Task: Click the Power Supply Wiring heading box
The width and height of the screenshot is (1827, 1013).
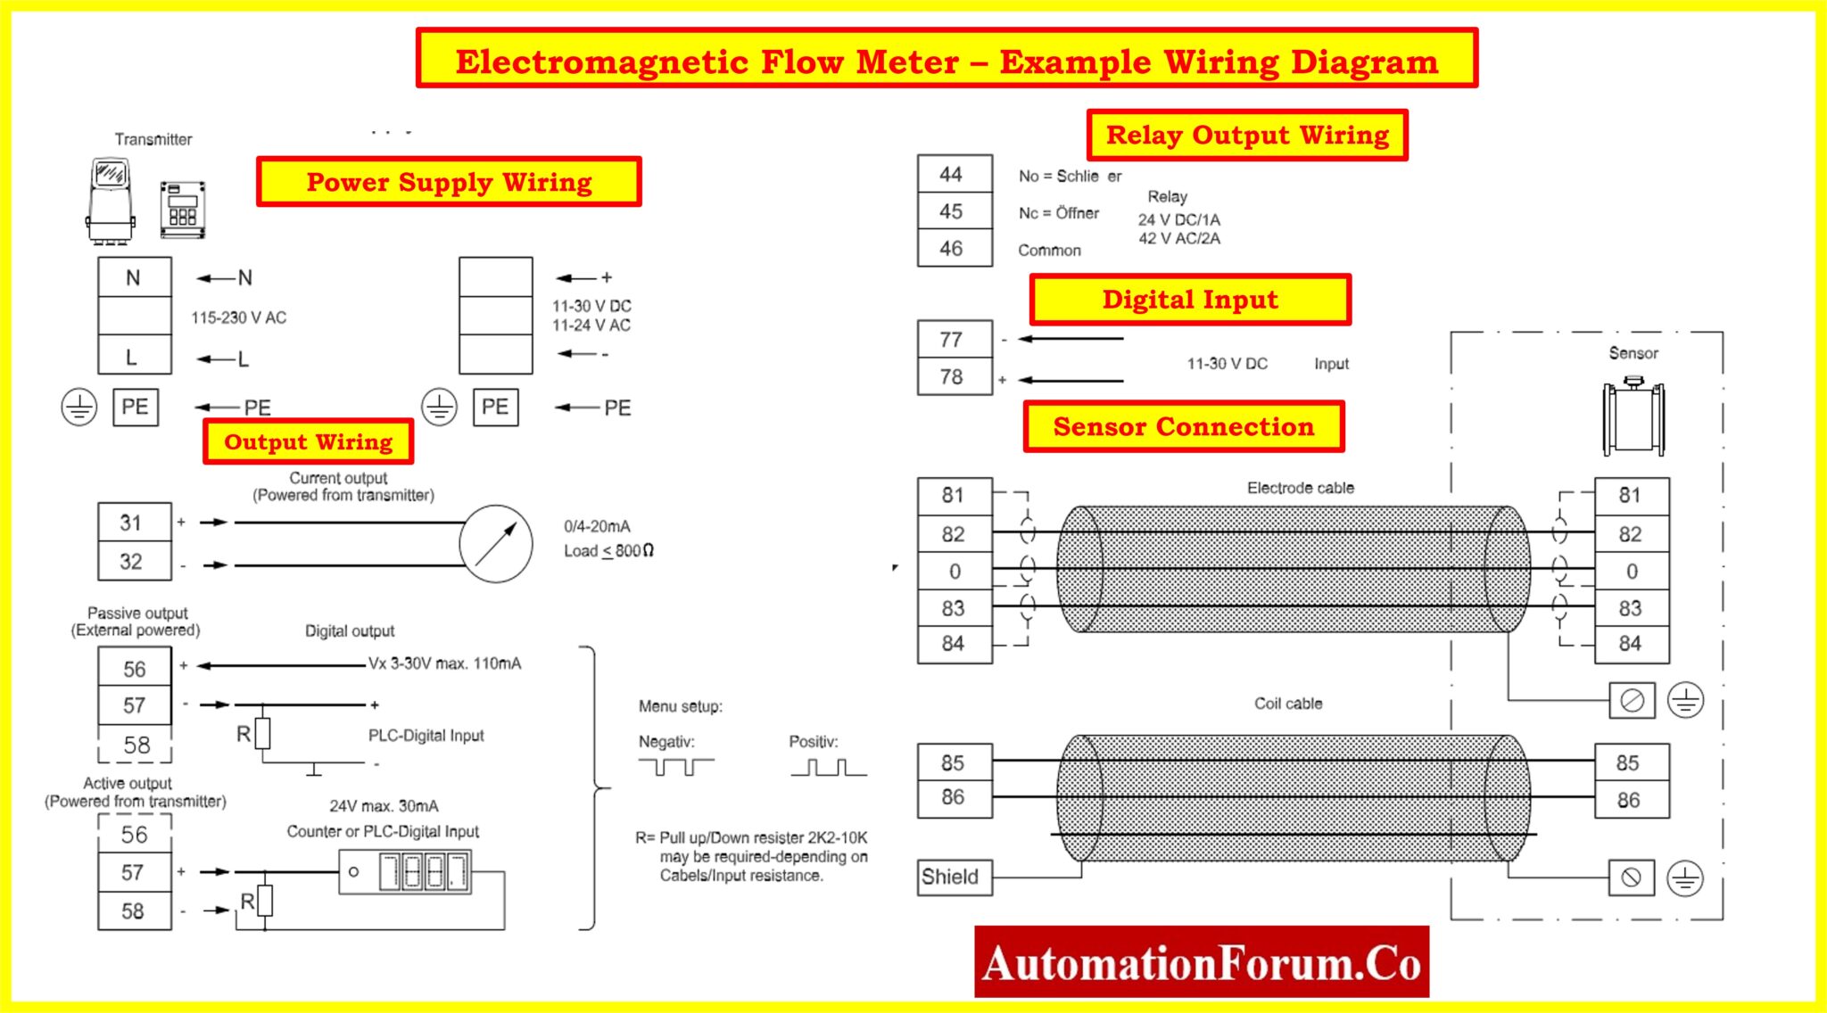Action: pos(449,182)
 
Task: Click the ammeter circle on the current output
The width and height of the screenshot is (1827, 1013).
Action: pos(496,544)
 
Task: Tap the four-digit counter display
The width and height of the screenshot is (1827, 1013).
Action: pos(424,871)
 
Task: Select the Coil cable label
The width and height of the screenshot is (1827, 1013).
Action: pos(1287,704)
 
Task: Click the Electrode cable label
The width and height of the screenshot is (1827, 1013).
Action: pos(1300,488)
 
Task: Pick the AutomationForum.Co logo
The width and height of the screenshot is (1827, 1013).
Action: pos(1201,962)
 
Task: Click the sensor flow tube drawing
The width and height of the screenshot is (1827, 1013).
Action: pos(1633,417)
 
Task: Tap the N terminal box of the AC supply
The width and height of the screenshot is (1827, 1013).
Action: pos(134,277)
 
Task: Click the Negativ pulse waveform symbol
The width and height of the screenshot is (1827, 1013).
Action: pos(675,766)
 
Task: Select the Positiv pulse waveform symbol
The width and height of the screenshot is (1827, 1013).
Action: pos(828,767)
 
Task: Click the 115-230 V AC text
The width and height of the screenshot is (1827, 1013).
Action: pos(238,317)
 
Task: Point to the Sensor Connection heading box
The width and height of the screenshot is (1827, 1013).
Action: pos(1183,426)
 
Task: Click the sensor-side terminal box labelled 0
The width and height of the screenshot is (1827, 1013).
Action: pos(1631,571)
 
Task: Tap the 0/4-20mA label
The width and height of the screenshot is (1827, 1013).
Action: pos(597,526)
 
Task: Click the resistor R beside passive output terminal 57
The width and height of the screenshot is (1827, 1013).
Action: pos(262,734)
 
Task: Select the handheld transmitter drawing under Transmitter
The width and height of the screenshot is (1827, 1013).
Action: pos(112,200)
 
